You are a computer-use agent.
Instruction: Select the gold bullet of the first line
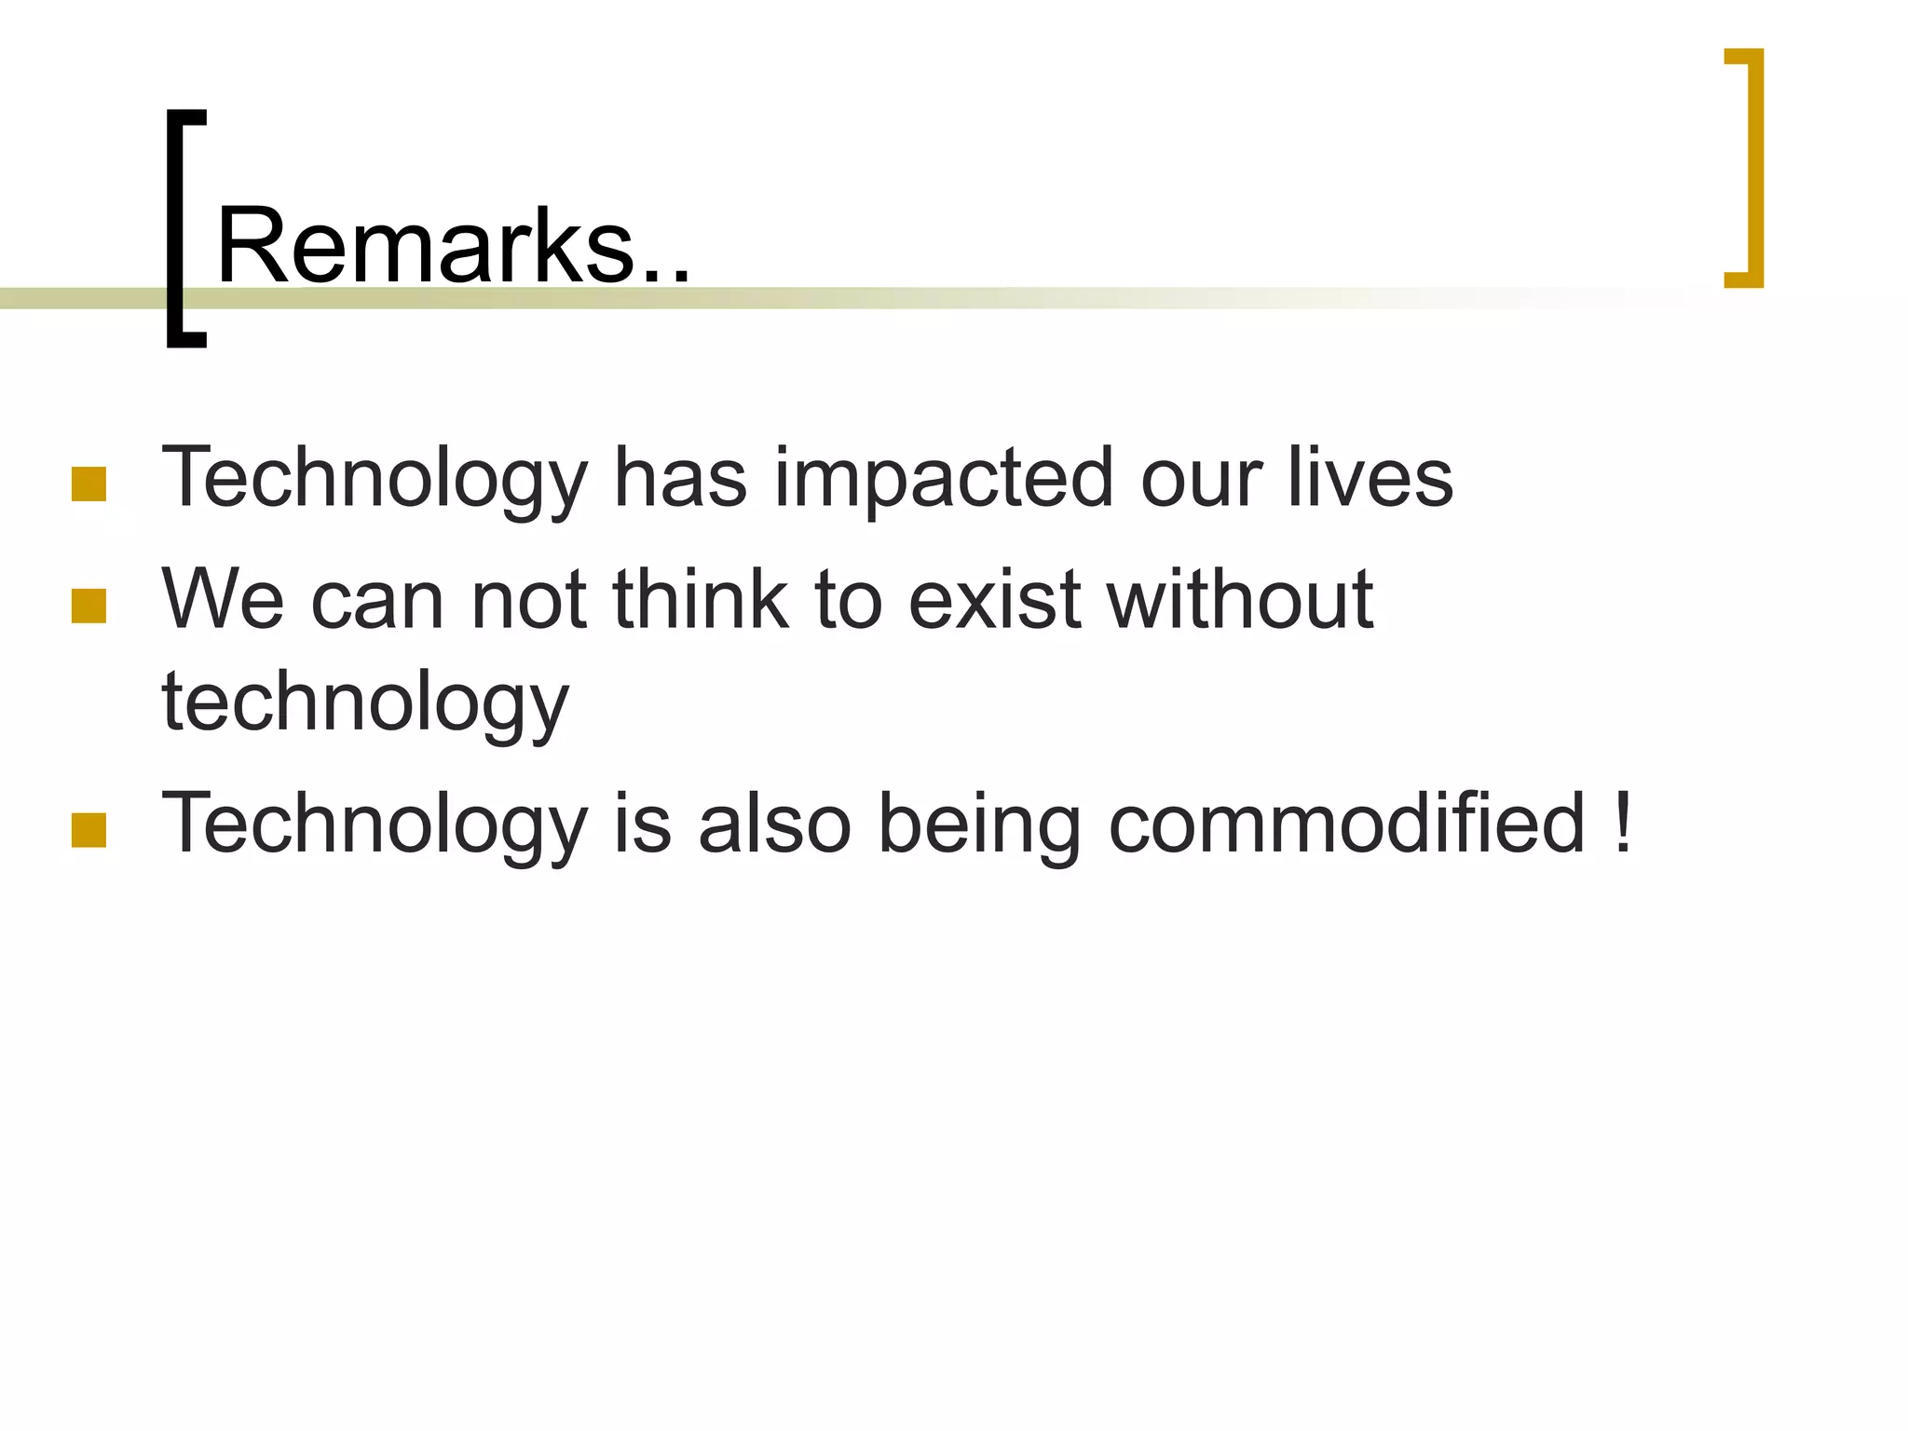click(89, 484)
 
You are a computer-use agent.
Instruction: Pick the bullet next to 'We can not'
click(89, 606)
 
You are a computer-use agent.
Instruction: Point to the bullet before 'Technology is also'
click(89, 830)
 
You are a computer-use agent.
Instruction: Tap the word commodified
click(1346, 822)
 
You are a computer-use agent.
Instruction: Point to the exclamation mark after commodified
click(1623, 822)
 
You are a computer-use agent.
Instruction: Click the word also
click(774, 822)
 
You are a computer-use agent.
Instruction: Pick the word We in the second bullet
click(223, 598)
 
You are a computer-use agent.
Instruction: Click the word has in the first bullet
click(680, 477)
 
